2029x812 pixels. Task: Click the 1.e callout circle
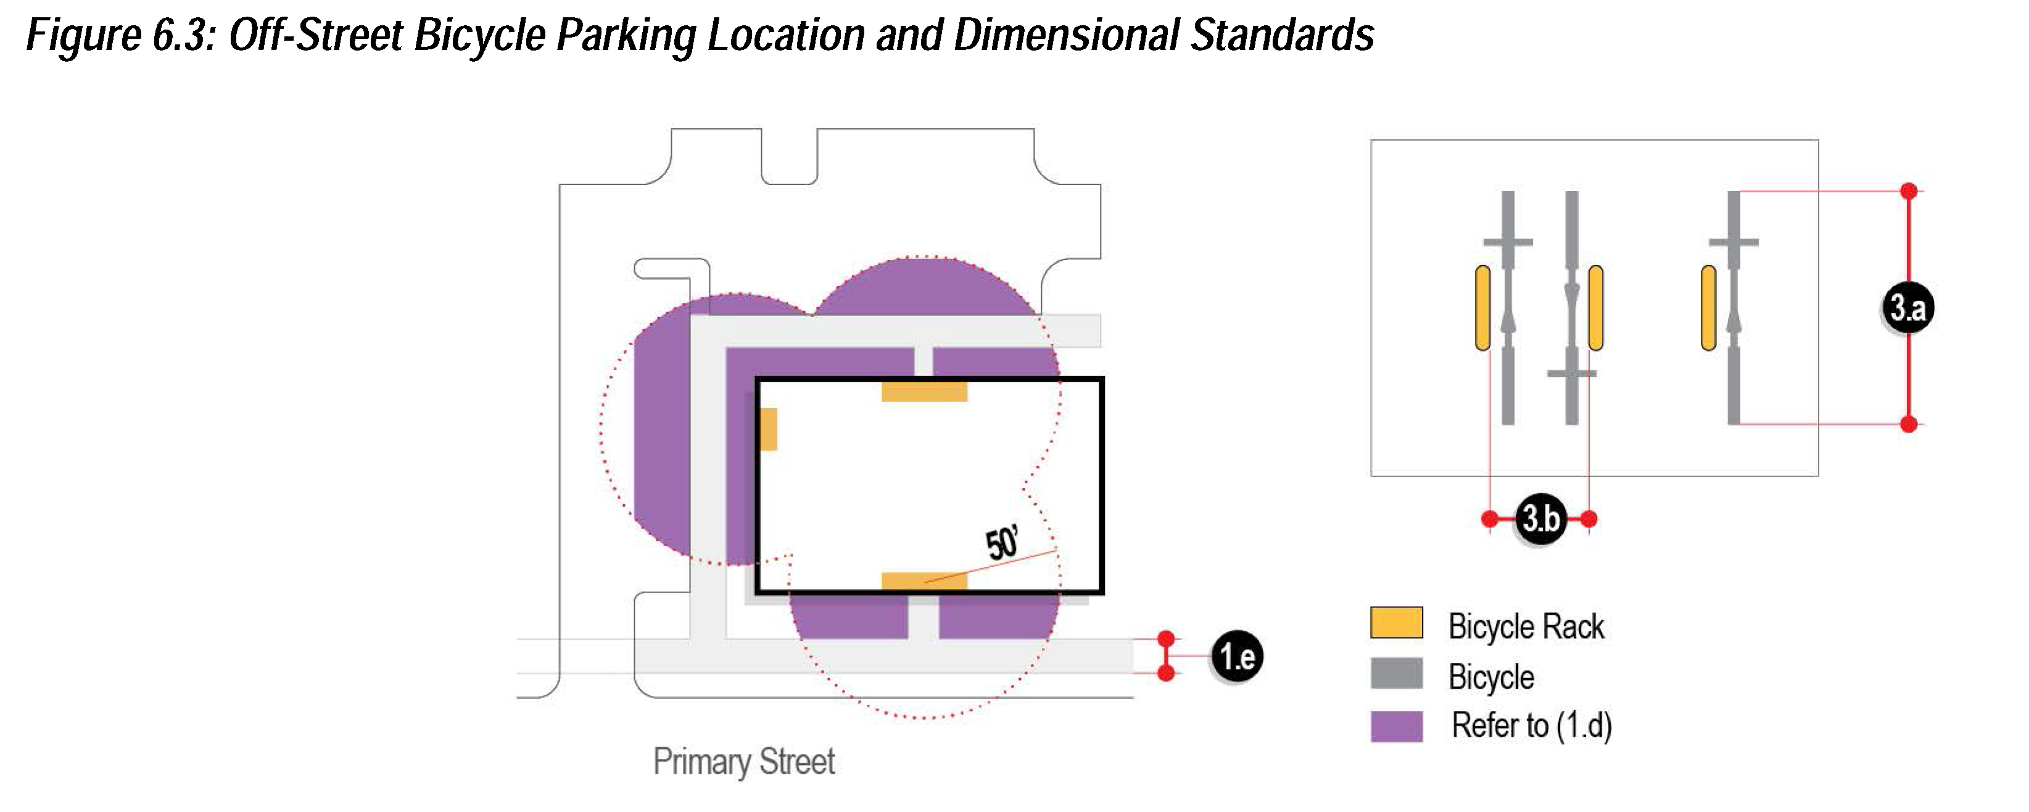pos(1237,656)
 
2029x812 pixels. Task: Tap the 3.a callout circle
pos(1907,306)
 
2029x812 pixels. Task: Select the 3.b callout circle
pos(1540,519)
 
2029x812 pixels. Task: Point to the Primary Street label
pos(743,761)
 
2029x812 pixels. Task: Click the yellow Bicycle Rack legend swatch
pos(1395,622)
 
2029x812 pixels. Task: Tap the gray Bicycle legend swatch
pos(1395,673)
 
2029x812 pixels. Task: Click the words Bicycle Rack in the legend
pos(1526,627)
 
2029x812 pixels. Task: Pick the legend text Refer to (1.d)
pos(1531,725)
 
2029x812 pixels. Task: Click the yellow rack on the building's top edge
pos(924,392)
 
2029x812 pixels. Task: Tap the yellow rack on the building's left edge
pos(768,429)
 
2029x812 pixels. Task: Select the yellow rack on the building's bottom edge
pos(924,581)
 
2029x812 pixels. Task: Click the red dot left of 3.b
pos(1489,519)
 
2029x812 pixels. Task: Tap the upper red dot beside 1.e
pos(1167,639)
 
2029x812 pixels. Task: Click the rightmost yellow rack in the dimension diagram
pos(1708,308)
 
